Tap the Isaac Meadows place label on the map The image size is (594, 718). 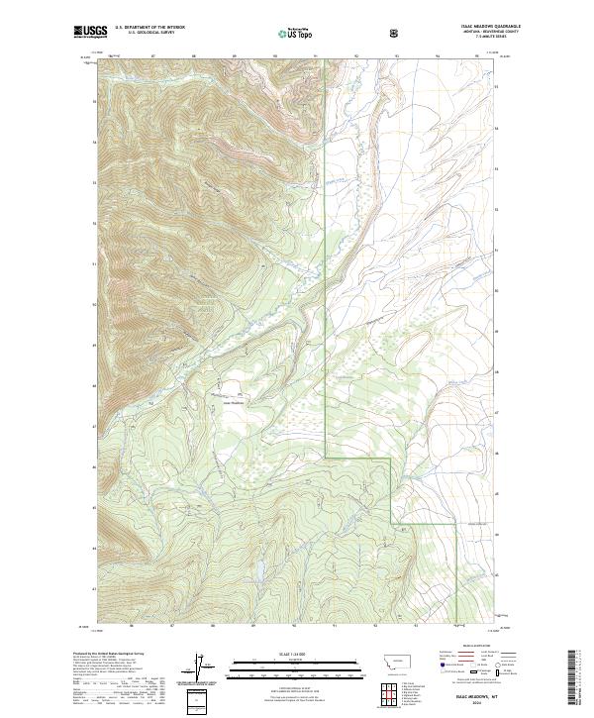pyautogui.click(x=229, y=402)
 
